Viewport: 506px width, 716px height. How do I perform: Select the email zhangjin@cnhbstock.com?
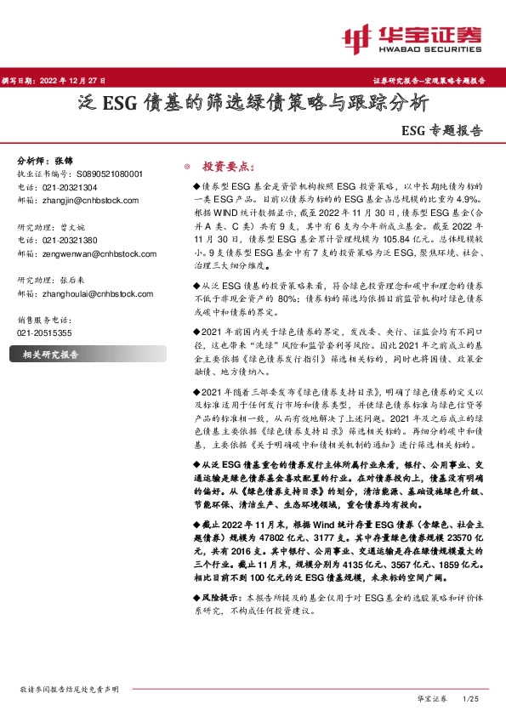[88, 200]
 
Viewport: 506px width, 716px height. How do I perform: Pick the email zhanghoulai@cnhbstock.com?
[96, 293]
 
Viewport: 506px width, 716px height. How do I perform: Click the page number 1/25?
[469, 697]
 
